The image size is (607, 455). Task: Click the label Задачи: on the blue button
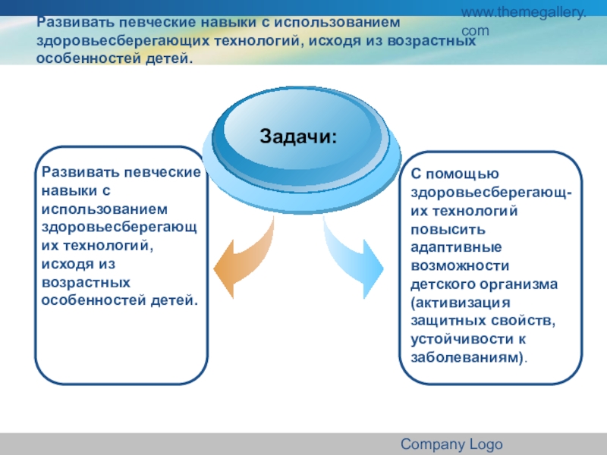[298, 137]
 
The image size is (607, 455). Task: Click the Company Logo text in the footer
[451, 444]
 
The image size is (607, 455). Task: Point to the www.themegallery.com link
[535, 22]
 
